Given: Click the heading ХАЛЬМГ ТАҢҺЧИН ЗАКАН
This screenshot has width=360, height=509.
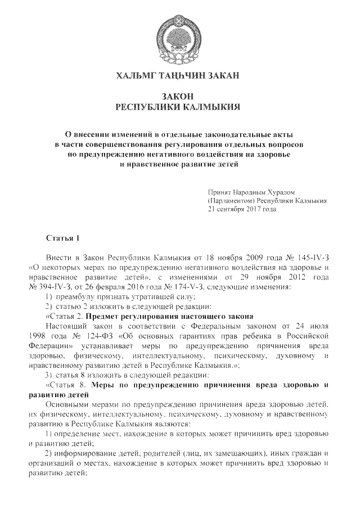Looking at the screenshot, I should click(x=179, y=75).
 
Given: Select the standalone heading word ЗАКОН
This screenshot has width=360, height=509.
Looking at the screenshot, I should click(x=179, y=96).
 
